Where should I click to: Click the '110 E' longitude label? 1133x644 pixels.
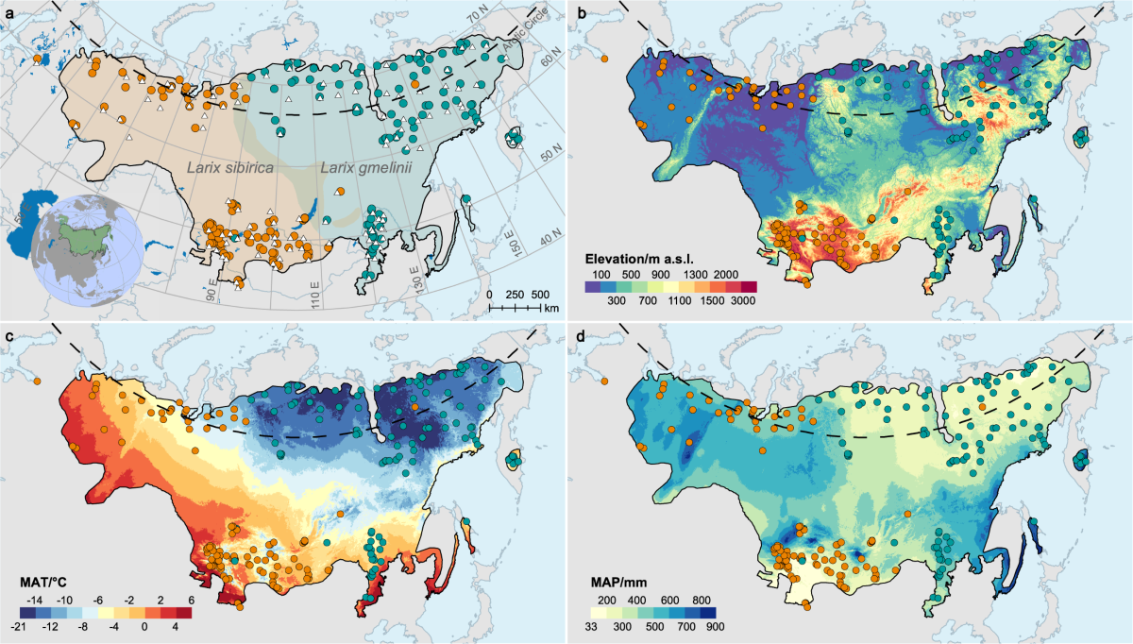point(317,297)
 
